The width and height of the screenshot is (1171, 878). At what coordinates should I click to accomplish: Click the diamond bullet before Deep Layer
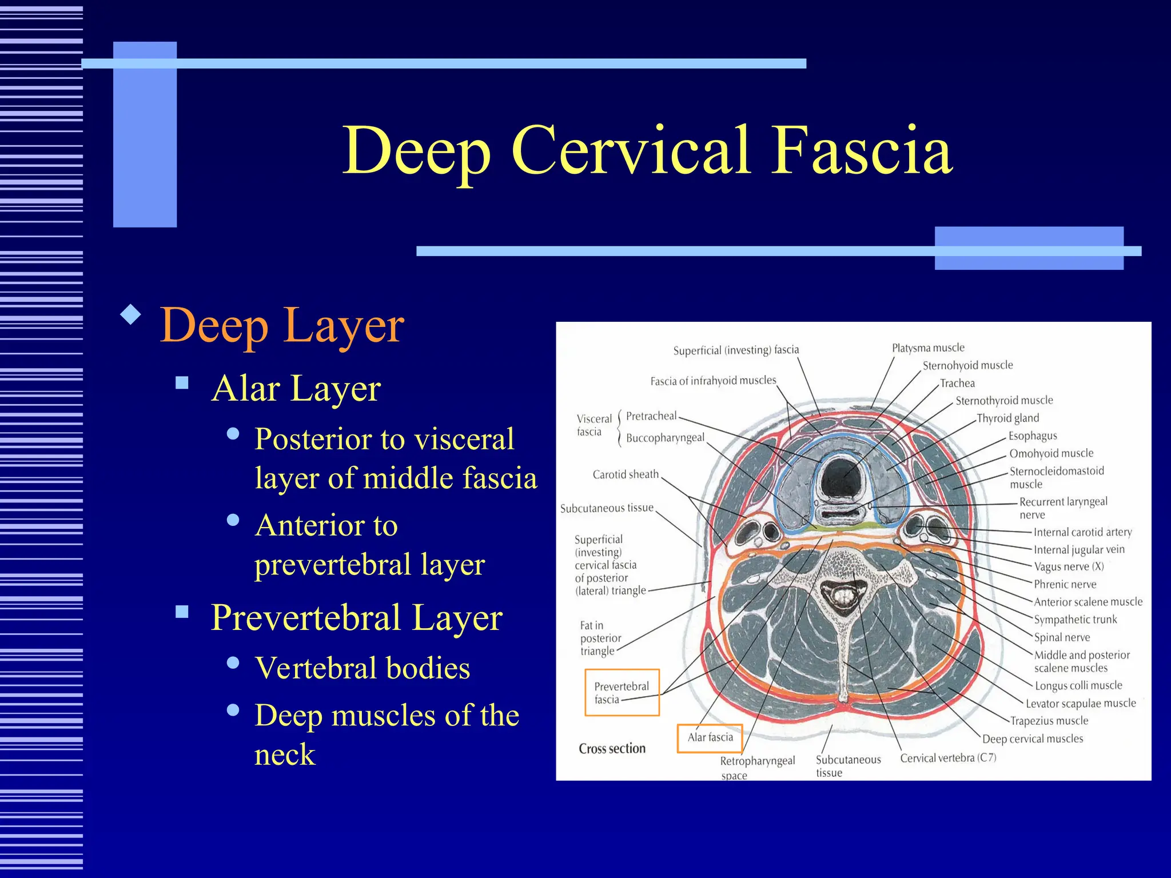(132, 314)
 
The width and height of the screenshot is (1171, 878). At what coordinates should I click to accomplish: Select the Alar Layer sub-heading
(296, 389)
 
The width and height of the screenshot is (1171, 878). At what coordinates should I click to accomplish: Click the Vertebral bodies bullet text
(363, 668)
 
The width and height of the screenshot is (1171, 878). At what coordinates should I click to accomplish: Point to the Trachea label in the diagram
(957, 383)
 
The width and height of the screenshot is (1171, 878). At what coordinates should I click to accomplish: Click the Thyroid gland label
(1007, 418)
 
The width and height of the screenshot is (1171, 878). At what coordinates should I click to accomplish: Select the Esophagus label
(1032, 436)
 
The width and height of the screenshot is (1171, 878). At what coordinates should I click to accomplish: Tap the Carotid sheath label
(626, 474)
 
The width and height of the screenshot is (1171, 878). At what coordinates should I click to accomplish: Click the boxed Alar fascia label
(710, 737)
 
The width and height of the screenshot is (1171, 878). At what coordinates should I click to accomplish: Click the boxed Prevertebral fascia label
(622, 692)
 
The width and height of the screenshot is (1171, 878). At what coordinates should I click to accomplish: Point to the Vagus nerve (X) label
(1069, 566)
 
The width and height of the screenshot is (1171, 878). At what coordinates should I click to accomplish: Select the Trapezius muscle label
(1049, 721)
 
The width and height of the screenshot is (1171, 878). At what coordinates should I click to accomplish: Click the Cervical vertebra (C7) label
(948, 758)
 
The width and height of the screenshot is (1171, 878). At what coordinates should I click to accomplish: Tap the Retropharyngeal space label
(756, 767)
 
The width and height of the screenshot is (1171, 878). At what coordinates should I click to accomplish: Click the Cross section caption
(612, 749)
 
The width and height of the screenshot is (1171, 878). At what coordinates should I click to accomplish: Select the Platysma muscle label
(927, 348)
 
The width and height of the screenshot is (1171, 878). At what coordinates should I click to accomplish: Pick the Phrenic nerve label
(1065, 584)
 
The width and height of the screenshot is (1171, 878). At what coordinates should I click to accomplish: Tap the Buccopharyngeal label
(665, 438)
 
